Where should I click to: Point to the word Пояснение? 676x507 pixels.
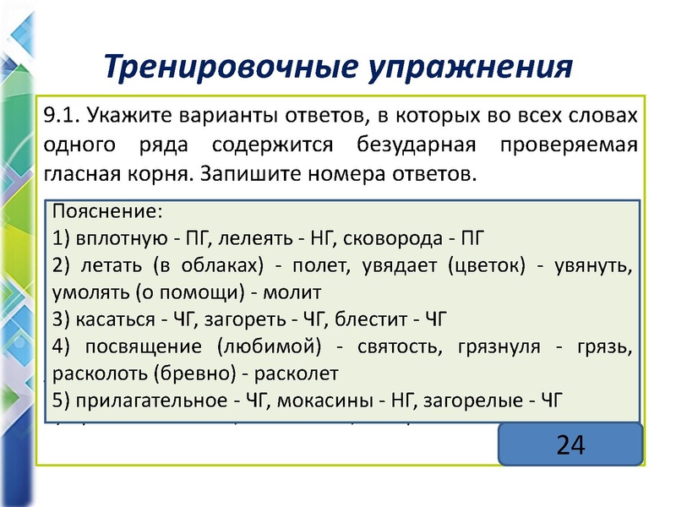click(106, 210)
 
